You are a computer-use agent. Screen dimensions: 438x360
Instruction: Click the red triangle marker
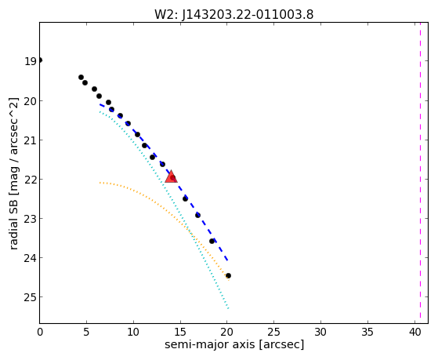pyautogui.click(x=171, y=176)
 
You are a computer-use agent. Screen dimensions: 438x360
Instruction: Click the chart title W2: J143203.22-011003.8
pyautogui.click(x=234, y=15)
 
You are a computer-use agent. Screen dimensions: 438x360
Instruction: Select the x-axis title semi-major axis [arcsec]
pyautogui.click(x=234, y=344)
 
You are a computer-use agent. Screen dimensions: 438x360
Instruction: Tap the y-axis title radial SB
pyautogui.click(x=13, y=223)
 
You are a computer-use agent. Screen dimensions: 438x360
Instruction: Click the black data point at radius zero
pyautogui.click(x=40, y=60)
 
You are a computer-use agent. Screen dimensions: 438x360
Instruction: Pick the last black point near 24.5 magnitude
pyautogui.click(x=228, y=276)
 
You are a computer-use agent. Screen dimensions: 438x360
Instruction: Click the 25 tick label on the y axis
pyautogui.click(x=31, y=296)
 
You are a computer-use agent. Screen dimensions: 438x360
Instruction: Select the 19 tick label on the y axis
pyautogui.click(x=31, y=61)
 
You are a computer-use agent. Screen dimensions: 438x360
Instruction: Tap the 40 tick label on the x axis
pyautogui.click(x=415, y=332)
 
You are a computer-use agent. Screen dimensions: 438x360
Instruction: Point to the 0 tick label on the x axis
pyautogui.click(x=40, y=332)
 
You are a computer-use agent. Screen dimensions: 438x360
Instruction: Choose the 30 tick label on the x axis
pyautogui.click(x=320, y=332)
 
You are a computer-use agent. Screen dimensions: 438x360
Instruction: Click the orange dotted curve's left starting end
pyautogui.click(x=100, y=183)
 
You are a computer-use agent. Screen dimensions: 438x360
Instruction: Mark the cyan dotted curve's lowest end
pyautogui.click(x=228, y=308)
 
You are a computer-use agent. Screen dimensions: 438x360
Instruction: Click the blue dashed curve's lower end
pyautogui.click(x=228, y=260)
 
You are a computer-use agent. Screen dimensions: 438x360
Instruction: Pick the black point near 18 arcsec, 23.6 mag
pyautogui.click(x=212, y=241)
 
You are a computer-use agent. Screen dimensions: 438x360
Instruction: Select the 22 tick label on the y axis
pyautogui.click(x=31, y=180)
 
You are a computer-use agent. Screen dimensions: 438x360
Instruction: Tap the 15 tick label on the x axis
pyautogui.click(x=180, y=332)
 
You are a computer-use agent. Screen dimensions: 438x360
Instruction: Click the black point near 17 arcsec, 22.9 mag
pyautogui.click(x=197, y=215)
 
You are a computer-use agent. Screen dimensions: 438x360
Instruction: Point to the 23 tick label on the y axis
pyautogui.click(x=31, y=219)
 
